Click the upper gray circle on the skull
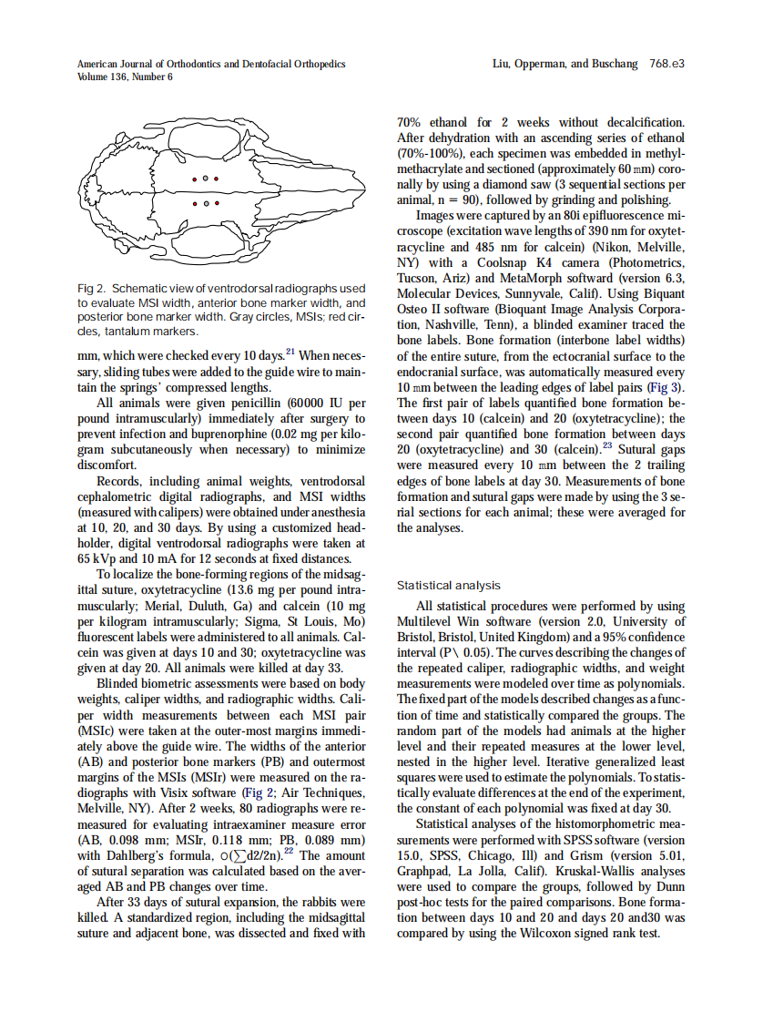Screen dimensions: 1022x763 click(x=206, y=178)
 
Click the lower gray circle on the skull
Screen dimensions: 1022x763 click(x=206, y=203)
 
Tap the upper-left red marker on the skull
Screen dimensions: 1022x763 click(x=195, y=178)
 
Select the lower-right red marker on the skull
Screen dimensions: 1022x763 click(x=217, y=203)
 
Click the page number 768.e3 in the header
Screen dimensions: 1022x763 click(x=666, y=65)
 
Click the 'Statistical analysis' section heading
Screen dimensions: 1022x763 click(x=449, y=586)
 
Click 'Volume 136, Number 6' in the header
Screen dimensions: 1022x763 click(x=125, y=77)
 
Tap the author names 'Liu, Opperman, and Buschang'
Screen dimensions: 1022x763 click(x=565, y=65)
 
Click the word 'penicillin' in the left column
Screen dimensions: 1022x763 click(x=261, y=402)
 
